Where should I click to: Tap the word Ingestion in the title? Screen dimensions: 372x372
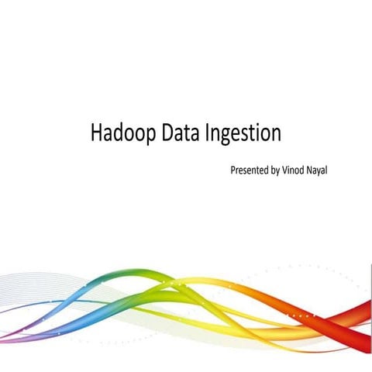tap(243, 133)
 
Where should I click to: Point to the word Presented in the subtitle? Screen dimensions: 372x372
tap(250, 169)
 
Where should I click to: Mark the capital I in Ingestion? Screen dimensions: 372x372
tap(209, 133)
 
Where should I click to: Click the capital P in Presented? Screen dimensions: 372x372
tap(233, 169)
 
